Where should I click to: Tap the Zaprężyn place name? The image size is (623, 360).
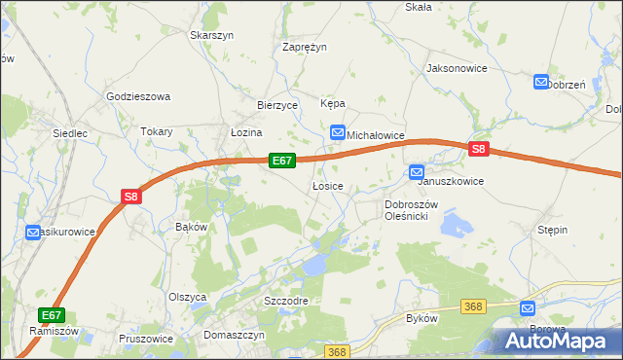304,47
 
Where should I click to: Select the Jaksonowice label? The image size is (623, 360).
456,69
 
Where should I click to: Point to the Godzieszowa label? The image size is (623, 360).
138,96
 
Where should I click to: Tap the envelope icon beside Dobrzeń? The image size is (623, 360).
541,84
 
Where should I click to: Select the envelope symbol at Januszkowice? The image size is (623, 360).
417,172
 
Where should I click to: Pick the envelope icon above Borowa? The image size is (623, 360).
529,307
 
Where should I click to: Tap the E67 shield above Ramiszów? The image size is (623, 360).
52,315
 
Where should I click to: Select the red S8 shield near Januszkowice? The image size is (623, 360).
478,149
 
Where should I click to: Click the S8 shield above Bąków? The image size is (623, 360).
132,197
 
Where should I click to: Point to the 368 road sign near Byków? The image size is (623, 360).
474,306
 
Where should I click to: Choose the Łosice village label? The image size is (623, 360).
326,185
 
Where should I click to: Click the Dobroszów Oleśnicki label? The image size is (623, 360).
413,210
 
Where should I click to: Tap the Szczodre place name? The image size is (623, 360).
286,301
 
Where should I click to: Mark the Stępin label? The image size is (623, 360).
552,230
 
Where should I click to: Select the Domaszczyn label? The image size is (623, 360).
235,334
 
